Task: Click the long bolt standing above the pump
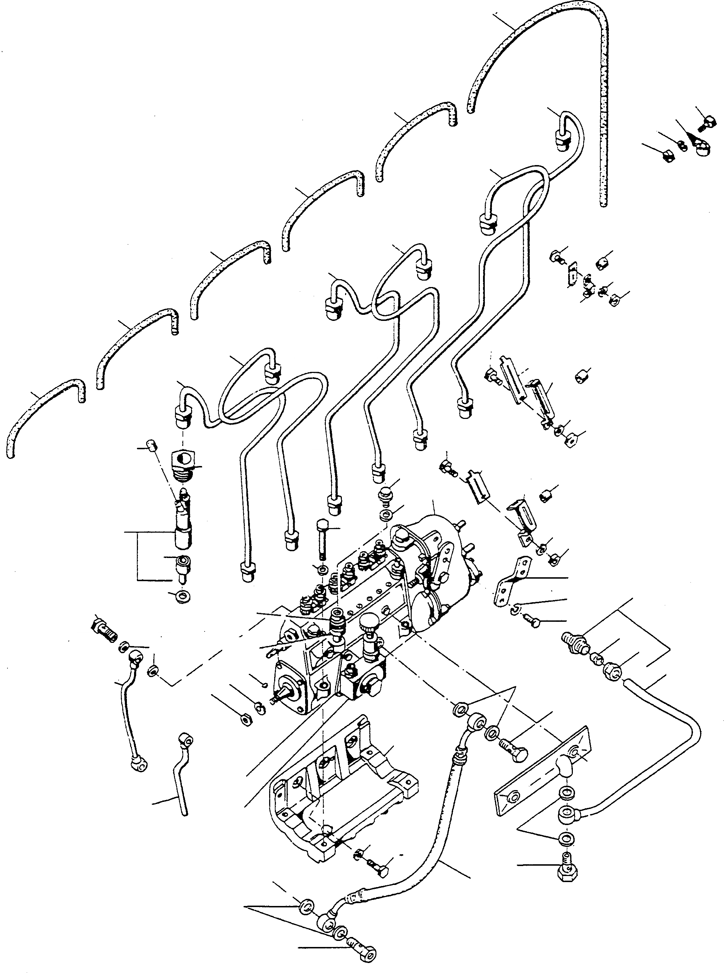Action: [323, 539]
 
